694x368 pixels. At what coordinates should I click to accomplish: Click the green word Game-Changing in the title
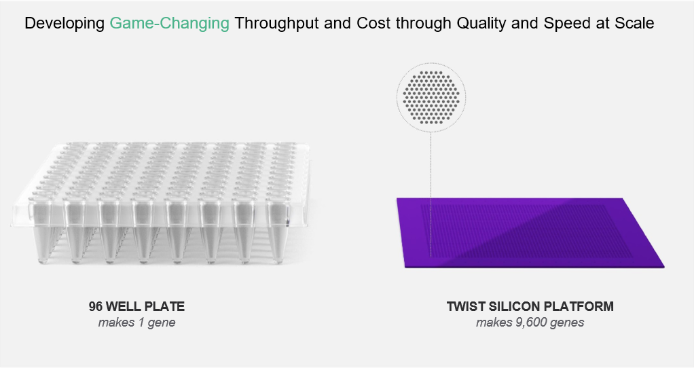170,24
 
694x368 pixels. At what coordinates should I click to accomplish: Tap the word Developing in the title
65,24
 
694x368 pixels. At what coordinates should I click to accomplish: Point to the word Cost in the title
373,23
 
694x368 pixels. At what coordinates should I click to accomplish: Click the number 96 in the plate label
96,306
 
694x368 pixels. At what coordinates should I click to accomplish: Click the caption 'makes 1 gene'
136,323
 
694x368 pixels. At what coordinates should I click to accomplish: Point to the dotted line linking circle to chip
431,194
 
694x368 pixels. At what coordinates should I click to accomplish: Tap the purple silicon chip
530,233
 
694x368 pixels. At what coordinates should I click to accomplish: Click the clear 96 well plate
161,203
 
